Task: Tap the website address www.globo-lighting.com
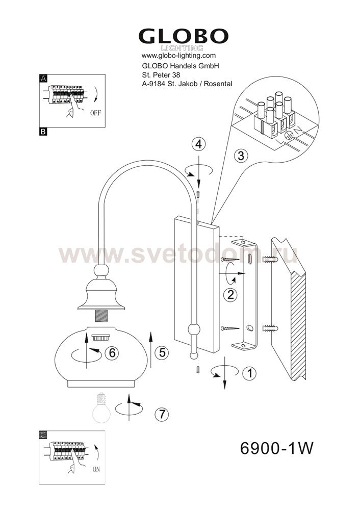tap(178, 56)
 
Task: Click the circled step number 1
tap(249, 373)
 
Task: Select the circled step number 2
tap(230, 295)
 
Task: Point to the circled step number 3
tap(241, 156)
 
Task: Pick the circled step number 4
tap(198, 144)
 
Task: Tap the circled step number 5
tap(162, 352)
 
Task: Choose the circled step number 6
tap(112, 352)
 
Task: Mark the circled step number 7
tap(162, 414)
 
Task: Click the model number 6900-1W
tap(277, 448)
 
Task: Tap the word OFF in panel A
tap(95, 113)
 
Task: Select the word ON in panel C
tap(96, 469)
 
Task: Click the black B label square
tap(43, 132)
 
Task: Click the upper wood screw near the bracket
tap(230, 260)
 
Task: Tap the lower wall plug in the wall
tap(270, 328)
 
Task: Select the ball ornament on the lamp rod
tap(194, 330)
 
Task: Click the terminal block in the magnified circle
tap(276, 117)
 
